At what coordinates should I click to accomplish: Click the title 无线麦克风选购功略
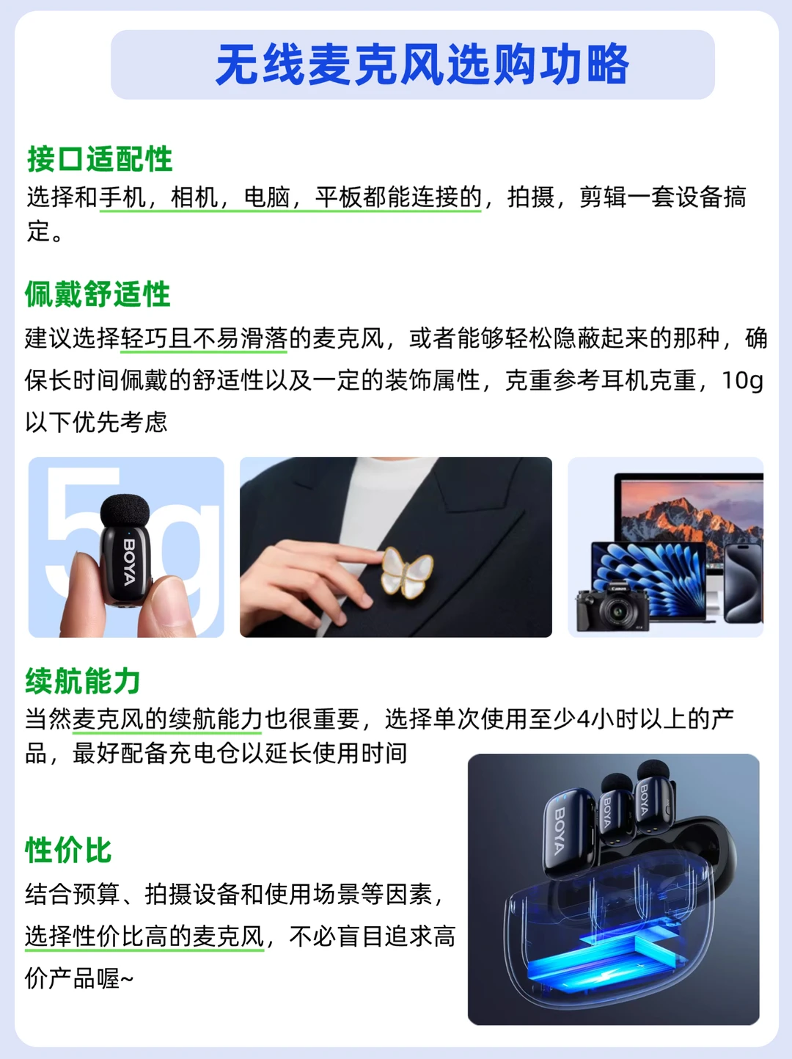(x=422, y=65)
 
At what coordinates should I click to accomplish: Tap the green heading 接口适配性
(x=100, y=159)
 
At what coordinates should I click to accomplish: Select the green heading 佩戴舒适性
(x=98, y=294)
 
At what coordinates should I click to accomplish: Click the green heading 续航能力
(x=83, y=681)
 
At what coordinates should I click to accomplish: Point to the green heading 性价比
(x=68, y=850)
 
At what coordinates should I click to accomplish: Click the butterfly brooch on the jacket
(x=407, y=572)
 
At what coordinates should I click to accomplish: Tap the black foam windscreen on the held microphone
(x=125, y=512)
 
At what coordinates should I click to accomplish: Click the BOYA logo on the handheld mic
(x=129, y=561)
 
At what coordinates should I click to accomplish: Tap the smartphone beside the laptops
(x=743, y=583)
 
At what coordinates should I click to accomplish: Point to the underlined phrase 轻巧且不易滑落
(x=204, y=338)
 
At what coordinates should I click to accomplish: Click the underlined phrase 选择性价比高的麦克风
(x=144, y=937)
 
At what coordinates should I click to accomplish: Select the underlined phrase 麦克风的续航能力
(x=167, y=719)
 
